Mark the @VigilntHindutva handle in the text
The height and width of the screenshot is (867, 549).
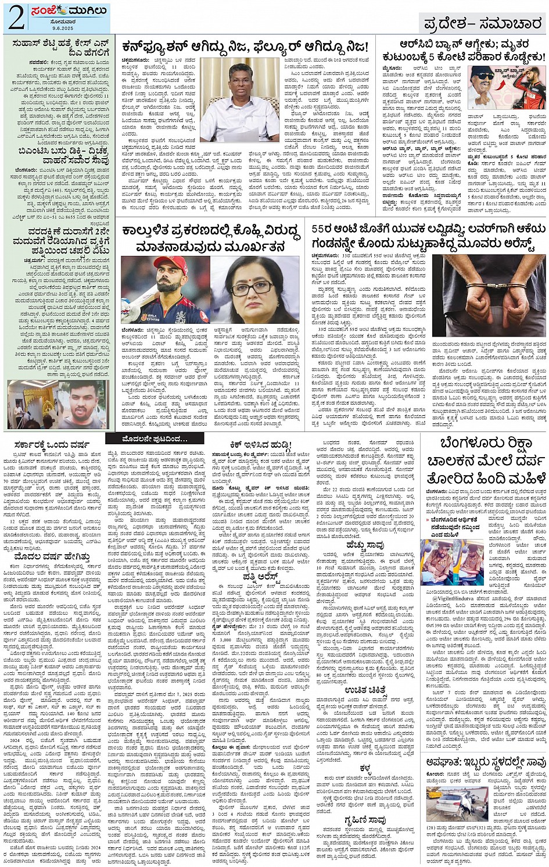click(x=456, y=598)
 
